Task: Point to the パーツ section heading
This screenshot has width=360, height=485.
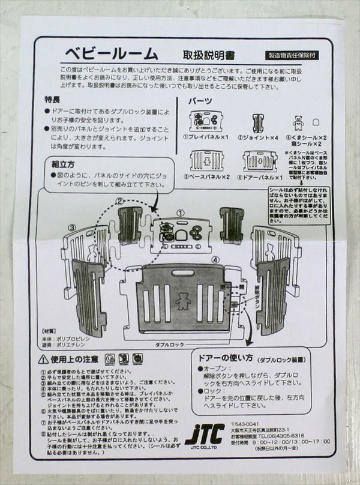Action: (200, 101)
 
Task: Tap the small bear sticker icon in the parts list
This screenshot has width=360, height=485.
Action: (298, 122)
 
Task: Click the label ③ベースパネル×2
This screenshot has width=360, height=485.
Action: (210, 178)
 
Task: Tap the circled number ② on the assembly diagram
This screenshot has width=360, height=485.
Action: (119, 201)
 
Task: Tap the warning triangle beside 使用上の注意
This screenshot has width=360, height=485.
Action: (43, 359)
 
